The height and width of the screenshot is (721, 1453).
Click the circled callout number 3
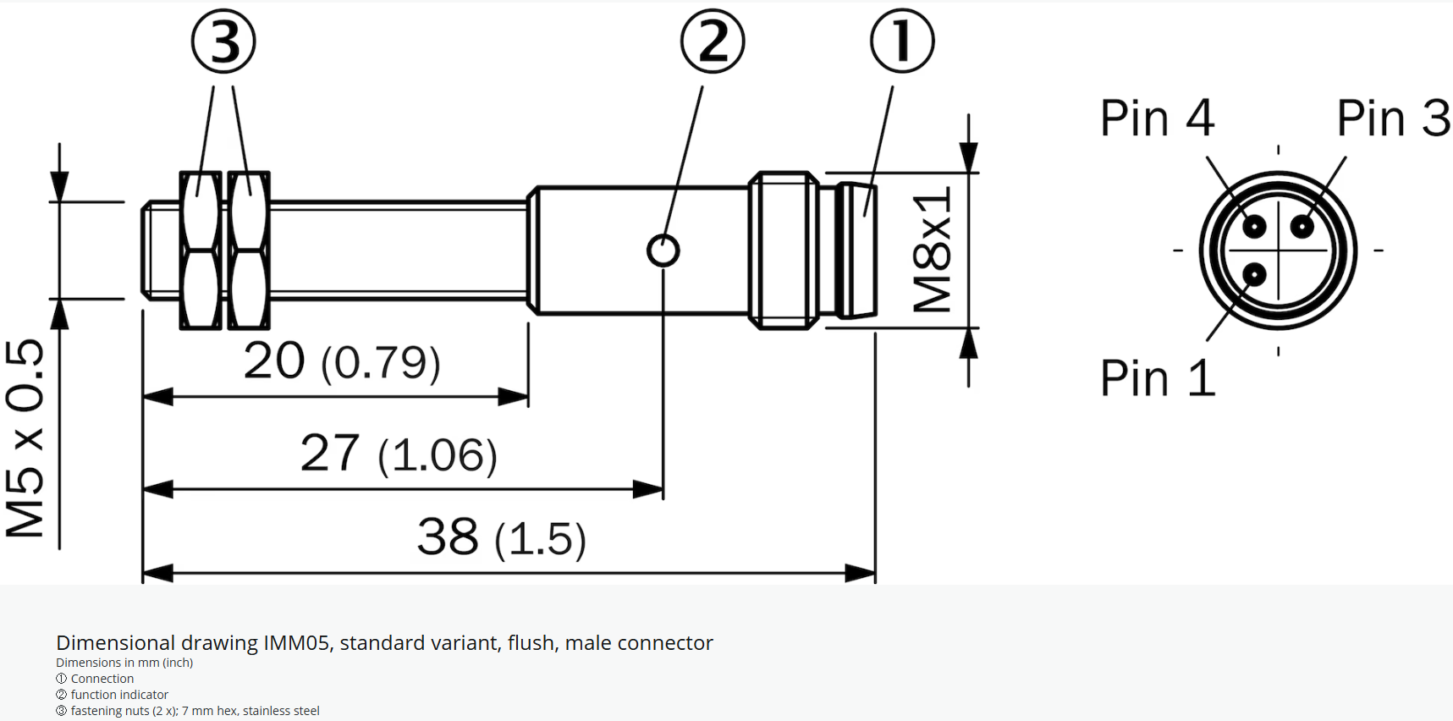click(x=223, y=41)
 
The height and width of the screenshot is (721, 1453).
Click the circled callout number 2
click(x=713, y=41)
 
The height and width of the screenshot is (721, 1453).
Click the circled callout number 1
click(x=902, y=41)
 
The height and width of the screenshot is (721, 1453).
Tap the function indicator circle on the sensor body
click(x=663, y=250)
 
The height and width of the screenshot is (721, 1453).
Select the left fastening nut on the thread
click(x=201, y=250)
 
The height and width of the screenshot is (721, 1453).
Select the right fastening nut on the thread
click(x=249, y=250)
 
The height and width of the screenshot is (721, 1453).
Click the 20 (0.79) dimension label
click(x=342, y=362)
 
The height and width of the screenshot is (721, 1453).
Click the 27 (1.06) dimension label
click(x=399, y=454)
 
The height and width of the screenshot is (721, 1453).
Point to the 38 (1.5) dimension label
click(x=501, y=538)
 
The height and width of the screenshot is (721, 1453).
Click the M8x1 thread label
click(x=933, y=250)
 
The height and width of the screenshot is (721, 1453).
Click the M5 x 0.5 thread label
click(x=25, y=438)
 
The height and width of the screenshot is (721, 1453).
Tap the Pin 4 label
click(x=1157, y=118)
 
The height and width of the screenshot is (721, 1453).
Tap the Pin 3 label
click(x=1393, y=118)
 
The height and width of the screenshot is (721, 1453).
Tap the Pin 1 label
click(x=1157, y=378)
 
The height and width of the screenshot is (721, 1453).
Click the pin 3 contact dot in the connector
click(x=1302, y=226)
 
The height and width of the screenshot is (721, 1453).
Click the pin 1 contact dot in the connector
click(x=1254, y=274)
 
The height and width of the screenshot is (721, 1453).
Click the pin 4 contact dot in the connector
click(x=1254, y=226)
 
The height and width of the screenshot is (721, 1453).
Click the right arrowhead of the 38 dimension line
click(x=861, y=573)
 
